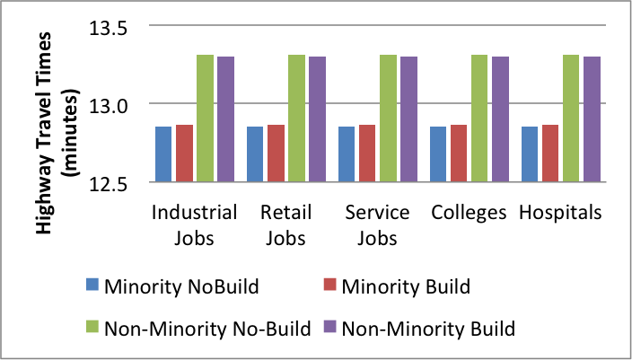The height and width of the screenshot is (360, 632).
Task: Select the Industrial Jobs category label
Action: click(x=195, y=224)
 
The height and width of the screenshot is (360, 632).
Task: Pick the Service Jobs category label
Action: click(x=377, y=224)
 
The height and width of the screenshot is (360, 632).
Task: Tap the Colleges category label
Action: click(x=469, y=213)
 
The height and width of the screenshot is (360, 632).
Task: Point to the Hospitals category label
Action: click(x=560, y=213)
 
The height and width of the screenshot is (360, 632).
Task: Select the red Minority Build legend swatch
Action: click(x=329, y=288)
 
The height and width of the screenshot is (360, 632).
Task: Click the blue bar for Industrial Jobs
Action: click(x=163, y=154)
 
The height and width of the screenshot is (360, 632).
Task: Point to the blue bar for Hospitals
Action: click(x=530, y=154)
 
